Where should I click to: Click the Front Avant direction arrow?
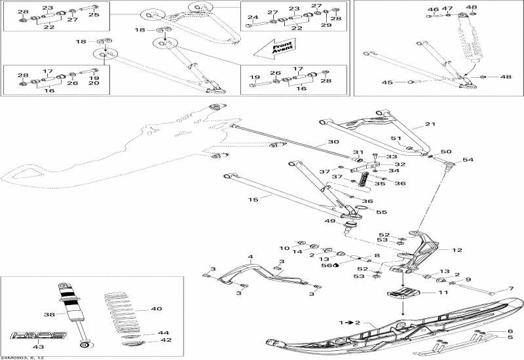click(x=273, y=47)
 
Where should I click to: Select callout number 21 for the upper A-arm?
click(x=430, y=124)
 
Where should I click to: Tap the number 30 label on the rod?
click(x=315, y=141)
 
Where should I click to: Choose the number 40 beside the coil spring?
click(x=156, y=309)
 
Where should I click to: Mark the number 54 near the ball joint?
click(x=467, y=160)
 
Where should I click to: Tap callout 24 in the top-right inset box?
click(x=253, y=17)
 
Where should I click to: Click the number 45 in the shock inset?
click(x=387, y=82)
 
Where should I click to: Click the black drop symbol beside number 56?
click(x=336, y=266)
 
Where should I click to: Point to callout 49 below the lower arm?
click(x=331, y=221)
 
